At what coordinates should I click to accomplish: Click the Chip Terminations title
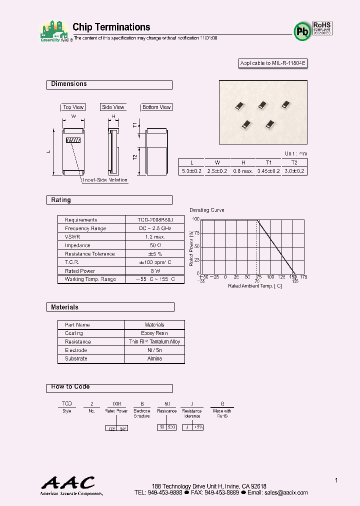(111, 27)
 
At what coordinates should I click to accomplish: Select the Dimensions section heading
(69, 84)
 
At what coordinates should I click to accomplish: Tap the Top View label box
(73, 107)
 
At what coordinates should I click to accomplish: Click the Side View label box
(113, 107)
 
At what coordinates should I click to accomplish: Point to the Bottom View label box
(156, 107)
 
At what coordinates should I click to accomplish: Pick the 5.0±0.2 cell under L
(191, 171)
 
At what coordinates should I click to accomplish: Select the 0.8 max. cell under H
(243, 171)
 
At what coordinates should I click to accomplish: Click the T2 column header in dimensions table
(294, 162)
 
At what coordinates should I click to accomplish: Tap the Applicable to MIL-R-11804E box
(272, 63)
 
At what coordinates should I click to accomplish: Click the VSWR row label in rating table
(72, 237)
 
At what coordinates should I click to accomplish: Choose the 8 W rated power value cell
(154, 271)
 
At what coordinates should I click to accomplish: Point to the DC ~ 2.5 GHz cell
(154, 228)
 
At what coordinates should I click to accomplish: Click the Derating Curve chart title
(207, 210)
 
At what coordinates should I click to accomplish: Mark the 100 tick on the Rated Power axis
(195, 219)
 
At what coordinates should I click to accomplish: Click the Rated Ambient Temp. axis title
(255, 286)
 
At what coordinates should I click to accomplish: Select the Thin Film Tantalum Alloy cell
(154, 341)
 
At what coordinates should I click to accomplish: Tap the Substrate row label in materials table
(76, 358)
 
